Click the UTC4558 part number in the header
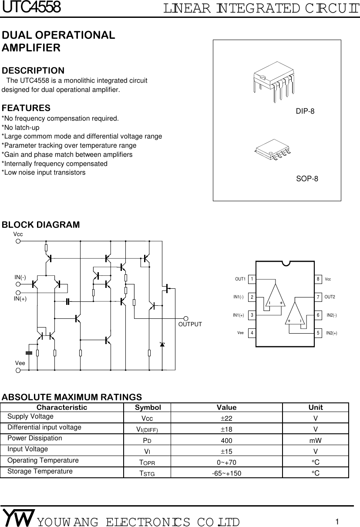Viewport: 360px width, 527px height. (x=31, y=7)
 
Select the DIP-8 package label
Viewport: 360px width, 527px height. (x=305, y=111)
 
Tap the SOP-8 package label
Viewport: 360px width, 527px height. (x=307, y=179)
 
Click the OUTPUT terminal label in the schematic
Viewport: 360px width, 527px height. (x=190, y=324)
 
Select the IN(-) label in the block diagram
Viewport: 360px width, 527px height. (x=20, y=277)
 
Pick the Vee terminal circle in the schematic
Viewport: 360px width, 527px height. (x=18, y=371)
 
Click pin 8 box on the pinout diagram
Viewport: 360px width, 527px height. (x=318, y=279)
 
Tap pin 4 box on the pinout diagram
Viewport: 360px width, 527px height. (x=252, y=333)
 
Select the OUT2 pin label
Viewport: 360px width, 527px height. (x=330, y=297)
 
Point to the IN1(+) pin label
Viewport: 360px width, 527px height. (x=238, y=315)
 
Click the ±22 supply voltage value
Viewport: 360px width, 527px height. (x=226, y=418)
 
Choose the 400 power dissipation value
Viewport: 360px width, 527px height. (x=226, y=440)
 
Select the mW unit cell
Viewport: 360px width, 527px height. (x=315, y=440)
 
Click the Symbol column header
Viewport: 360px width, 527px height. (x=148, y=408)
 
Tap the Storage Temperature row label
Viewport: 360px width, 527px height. (x=40, y=471)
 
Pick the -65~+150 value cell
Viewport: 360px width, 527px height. (x=226, y=473)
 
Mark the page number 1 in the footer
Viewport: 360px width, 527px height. (x=337, y=521)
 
